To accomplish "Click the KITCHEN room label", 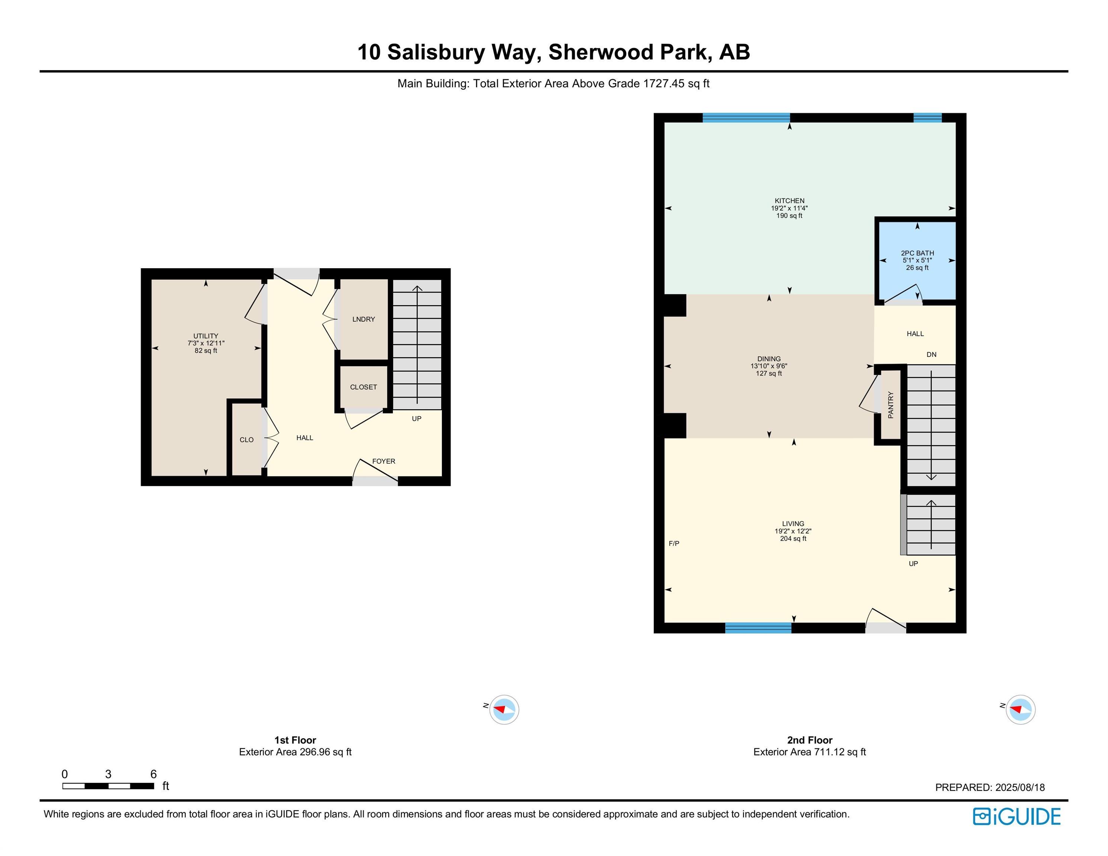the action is [x=789, y=201].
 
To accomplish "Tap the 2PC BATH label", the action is [x=917, y=253].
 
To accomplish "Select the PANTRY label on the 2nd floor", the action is [x=891, y=405].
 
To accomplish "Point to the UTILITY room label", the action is [x=206, y=336].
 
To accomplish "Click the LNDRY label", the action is [x=364, y=319].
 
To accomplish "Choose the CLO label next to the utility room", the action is [x=246, y=440].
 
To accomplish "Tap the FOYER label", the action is [x=384, y=461].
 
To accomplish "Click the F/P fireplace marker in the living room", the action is [x=674, y=543].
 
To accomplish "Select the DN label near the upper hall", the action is [x=931, y=354].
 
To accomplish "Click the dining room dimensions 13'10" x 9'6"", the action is [x=769, y=366].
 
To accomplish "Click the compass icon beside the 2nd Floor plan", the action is [x=1020, y=709].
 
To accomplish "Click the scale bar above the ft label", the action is [x=108, y=786].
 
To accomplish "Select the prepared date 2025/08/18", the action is [x=1020, y=788].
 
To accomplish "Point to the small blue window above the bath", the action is [x=927, y=118].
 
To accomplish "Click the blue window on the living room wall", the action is [x=758, y=628].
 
